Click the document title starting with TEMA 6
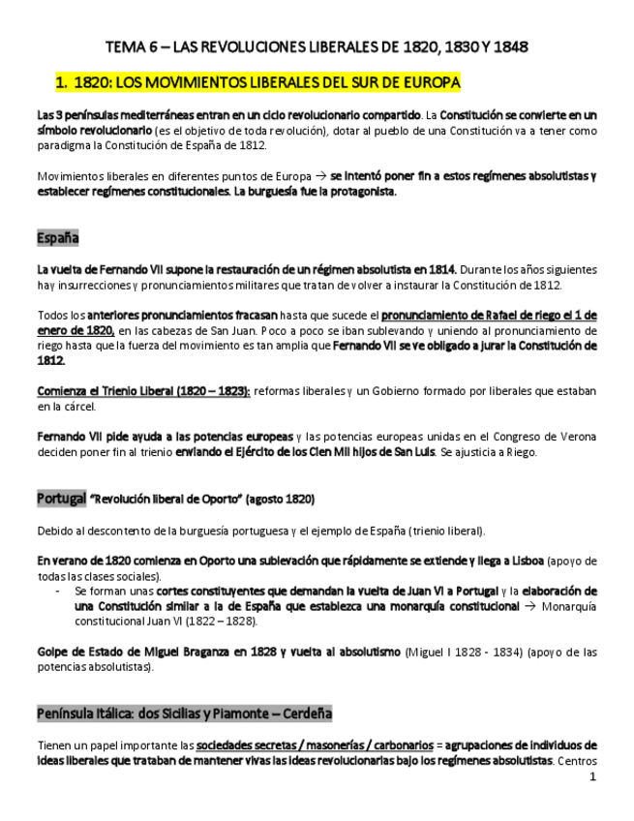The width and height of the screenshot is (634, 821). [317, 46]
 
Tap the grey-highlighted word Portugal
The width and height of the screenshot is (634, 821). [61, 499]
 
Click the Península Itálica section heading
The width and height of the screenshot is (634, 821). [184, 714]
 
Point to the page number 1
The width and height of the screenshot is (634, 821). [591, 776]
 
